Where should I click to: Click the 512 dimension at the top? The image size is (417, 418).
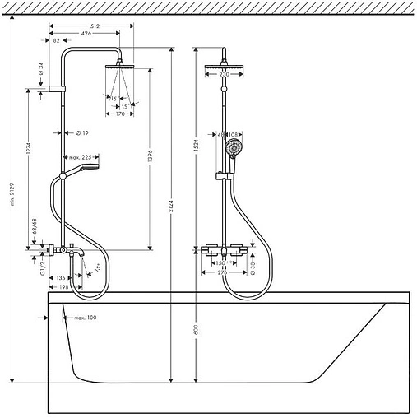[x=95, y=26]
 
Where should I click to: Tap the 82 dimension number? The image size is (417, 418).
[x=56, y=40]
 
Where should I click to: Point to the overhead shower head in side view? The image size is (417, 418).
[x=119, y=62]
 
